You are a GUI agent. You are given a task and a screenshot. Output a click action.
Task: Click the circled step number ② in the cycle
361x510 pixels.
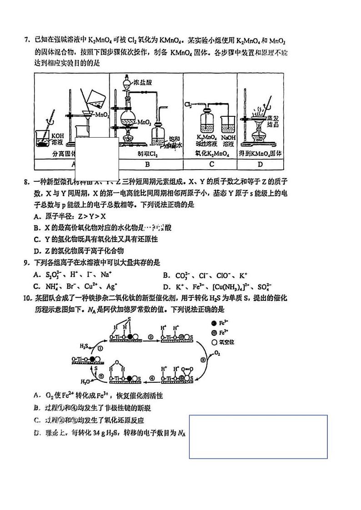(150, 337)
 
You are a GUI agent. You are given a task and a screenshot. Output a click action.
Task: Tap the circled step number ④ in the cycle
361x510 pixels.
(152, 377)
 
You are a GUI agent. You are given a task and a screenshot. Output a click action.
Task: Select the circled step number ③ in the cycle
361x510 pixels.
(203, 358)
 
